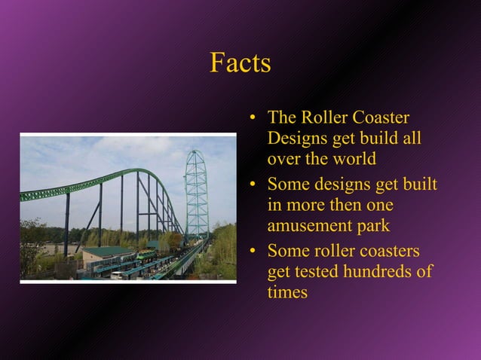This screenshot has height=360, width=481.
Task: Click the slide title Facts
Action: (x=240, y=63)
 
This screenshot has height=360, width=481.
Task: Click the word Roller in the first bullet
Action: (x=325, y=118)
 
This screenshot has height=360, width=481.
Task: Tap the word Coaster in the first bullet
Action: (x=381, y=118)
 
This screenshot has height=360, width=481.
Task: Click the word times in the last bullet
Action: (x=287, y=292)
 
